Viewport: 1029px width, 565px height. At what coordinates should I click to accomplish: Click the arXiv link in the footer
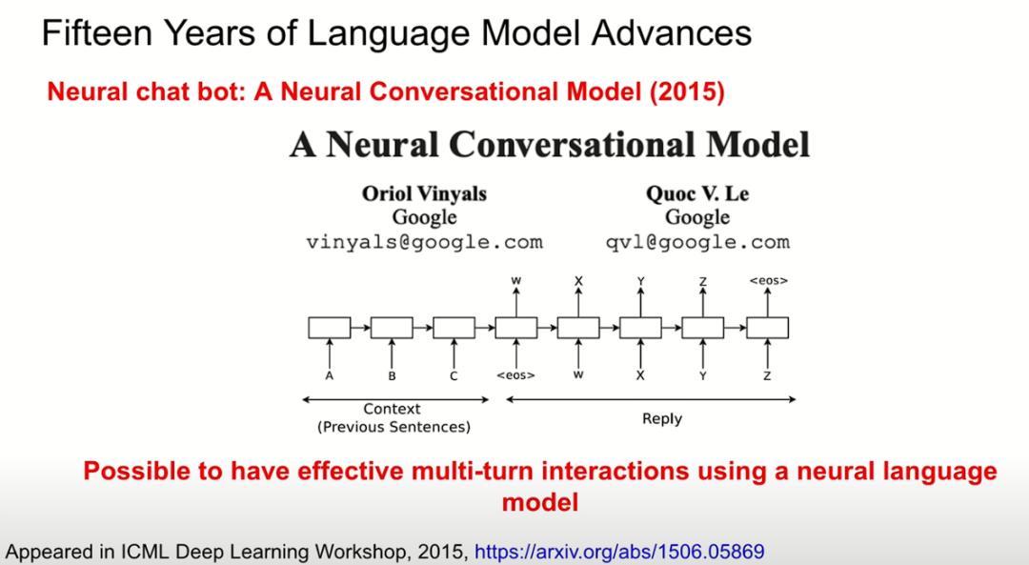619,552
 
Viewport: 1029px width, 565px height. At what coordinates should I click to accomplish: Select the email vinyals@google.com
425,242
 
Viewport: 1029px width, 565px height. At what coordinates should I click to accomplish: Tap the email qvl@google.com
697,242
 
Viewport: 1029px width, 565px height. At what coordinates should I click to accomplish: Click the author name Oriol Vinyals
425,193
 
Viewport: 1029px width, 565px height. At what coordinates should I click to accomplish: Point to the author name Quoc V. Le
697,193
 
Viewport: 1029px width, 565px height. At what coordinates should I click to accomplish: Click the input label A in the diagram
330,376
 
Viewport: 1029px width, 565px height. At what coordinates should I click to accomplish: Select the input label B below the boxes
392,376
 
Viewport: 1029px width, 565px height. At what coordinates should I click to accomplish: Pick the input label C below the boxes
454,376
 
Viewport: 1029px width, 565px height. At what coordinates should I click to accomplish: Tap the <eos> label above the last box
769,280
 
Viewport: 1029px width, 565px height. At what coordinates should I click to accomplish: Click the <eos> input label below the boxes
515,375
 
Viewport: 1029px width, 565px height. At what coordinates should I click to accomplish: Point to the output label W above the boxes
516,280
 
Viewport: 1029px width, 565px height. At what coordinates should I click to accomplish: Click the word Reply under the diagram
662,418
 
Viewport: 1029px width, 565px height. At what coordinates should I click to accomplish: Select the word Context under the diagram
392,408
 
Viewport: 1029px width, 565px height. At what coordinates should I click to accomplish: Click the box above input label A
330,328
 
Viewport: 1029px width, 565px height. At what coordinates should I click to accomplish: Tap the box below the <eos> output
768,328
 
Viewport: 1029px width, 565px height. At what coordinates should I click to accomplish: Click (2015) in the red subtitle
687,91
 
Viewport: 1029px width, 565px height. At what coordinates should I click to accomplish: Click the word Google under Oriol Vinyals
425,217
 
